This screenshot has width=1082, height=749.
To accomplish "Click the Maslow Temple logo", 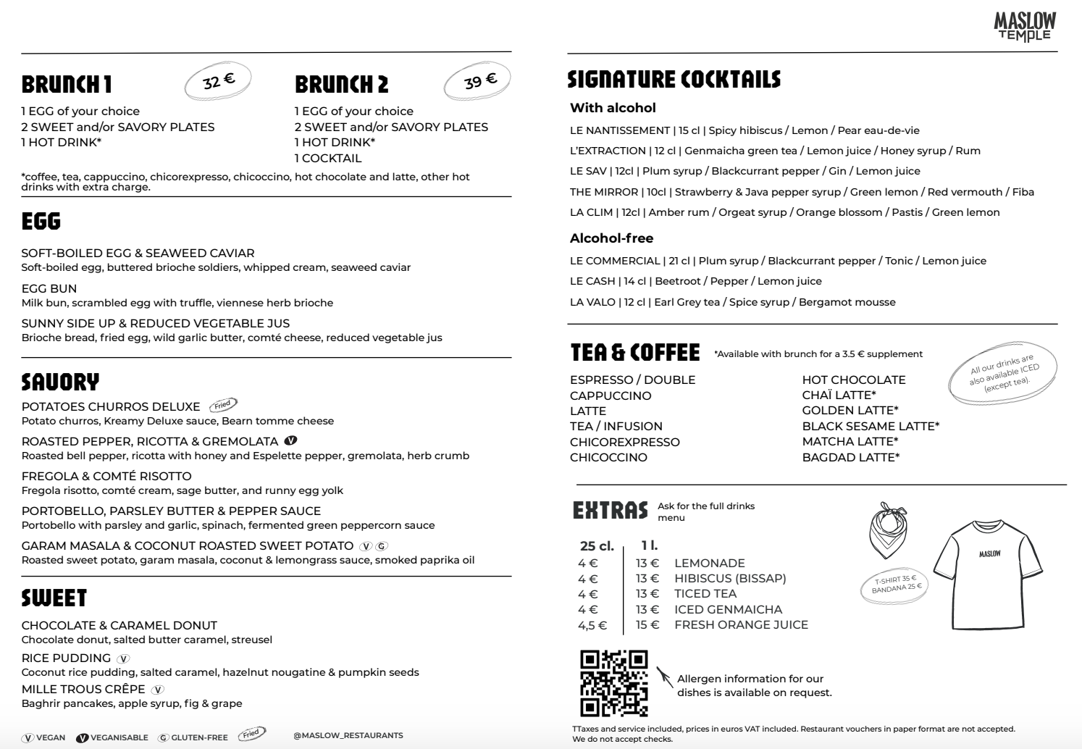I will pyautogui.click(x=1025, y=27).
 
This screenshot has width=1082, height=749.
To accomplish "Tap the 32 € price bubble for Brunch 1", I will pyautogui.click(x=218, y=80).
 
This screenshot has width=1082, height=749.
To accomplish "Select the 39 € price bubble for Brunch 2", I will pyautogui.click(x=478, y=80).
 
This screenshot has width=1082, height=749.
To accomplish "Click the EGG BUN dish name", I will pyautogui.click(x=49, y=288).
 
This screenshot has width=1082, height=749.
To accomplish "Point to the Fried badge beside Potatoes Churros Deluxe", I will pyautogui.click(x=223, y=405).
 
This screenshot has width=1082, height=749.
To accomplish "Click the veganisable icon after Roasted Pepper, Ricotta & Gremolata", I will pyautogui.click(x=290, y=440).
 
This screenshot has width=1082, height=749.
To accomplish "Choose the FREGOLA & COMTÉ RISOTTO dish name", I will pyautogui.click(x=106, y=476).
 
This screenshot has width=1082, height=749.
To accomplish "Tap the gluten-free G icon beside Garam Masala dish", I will pyautogui.click(x=382, y=546).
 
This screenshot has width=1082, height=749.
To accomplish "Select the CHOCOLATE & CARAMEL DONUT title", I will pyautogui.click(x=119, y=625).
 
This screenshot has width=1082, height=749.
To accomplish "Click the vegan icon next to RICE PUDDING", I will pyautogui.click(x=123, y=658).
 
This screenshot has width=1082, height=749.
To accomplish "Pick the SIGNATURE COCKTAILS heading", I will pyautogui.click(x=674, y=79).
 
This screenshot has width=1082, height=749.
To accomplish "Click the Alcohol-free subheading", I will pyautogui.click(x=611, y=238).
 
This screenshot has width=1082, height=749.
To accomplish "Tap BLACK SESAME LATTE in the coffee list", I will pyautogui.click(x=871, y=426).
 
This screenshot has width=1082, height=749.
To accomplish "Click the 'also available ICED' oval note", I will pyautogui.click(x=1004, y=373).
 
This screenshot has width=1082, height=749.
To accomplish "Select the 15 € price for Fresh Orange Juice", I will pyautogui.click(x=647, y=624).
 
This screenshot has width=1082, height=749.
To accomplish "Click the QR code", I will pyautogui.click(x=613, y=683).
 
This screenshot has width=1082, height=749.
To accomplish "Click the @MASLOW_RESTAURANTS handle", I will pyautogui.click(x=348, y=735).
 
